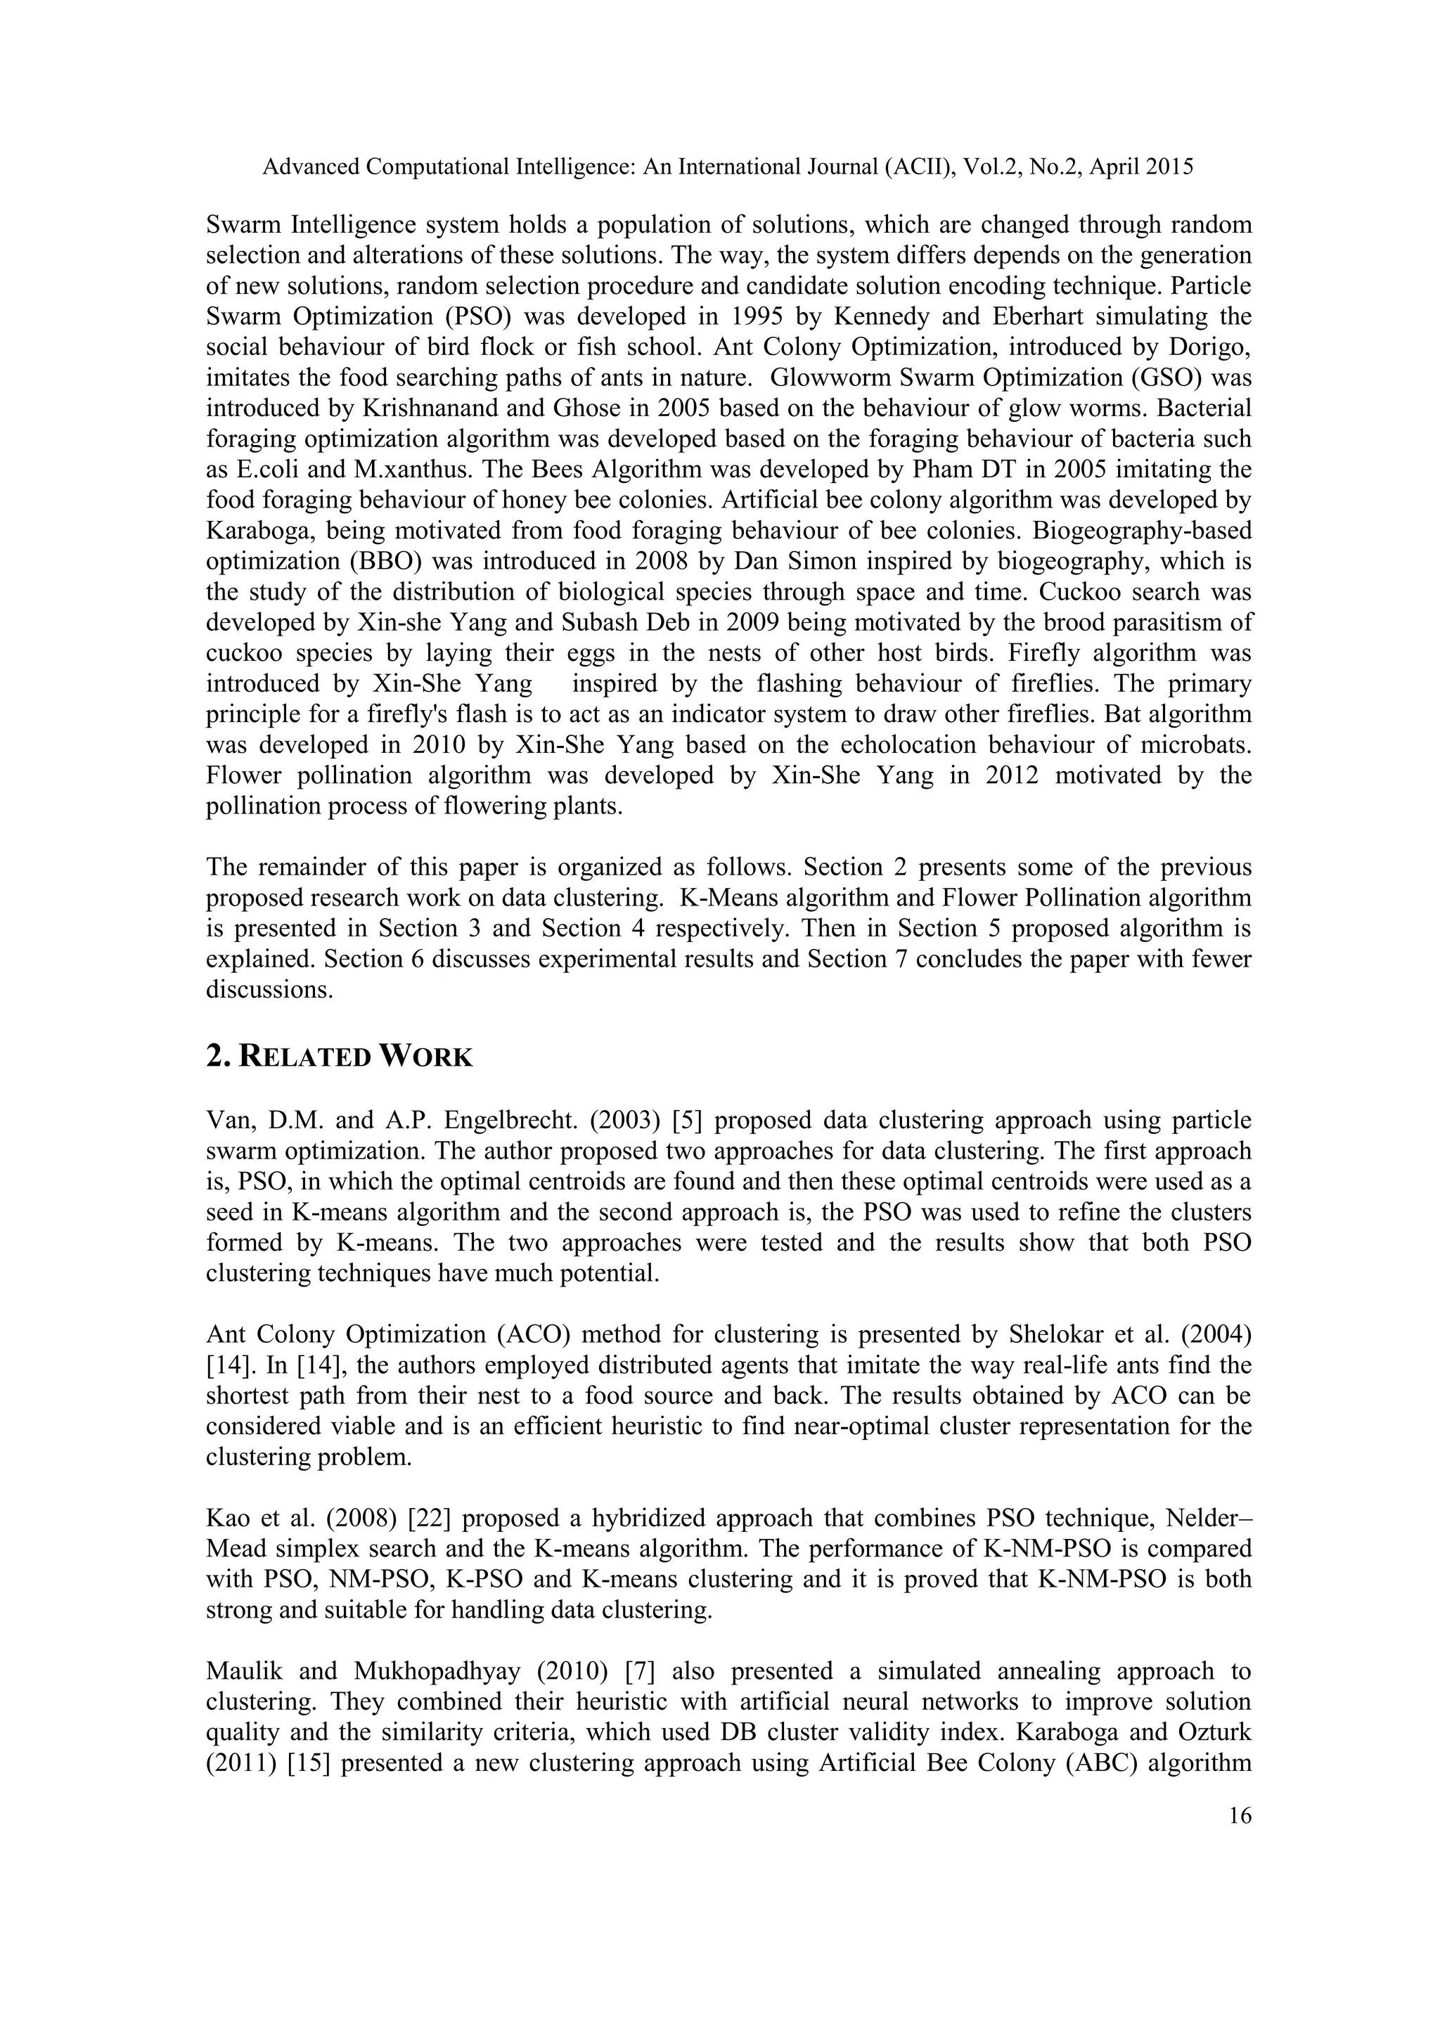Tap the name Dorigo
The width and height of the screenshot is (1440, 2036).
pos(1214,347)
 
